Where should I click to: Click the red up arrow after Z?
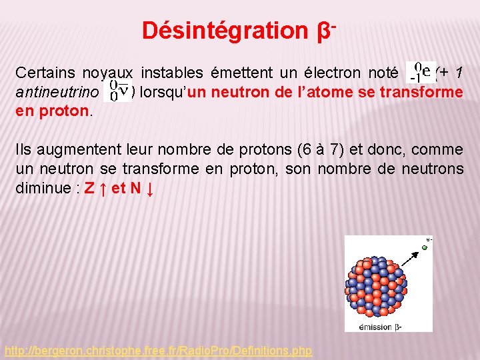[x=104, y=189]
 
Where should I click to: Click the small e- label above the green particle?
[x=429, y=239]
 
